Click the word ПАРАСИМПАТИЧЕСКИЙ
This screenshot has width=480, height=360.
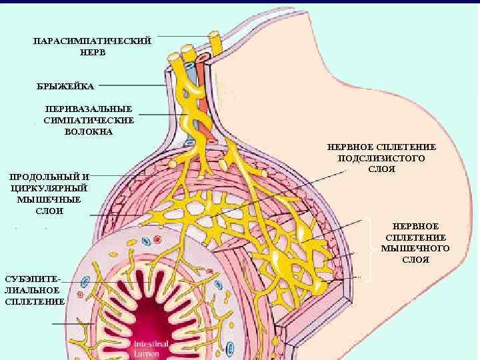[92, 41]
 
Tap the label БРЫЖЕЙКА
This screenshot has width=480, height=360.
[65, 86]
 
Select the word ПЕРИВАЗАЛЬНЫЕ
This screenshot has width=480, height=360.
[89, 109]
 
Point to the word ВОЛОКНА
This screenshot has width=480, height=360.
[89, 131]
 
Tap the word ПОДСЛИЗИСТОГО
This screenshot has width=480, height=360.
[381, 157]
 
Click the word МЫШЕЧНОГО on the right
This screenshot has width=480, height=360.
[415, 248]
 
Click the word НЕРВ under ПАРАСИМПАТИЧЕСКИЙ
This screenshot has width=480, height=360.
[92, 52]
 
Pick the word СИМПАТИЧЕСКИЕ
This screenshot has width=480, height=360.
[89, 120]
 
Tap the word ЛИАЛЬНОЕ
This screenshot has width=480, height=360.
[34, 289]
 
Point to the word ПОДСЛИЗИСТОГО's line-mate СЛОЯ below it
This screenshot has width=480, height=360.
[381, 169]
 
